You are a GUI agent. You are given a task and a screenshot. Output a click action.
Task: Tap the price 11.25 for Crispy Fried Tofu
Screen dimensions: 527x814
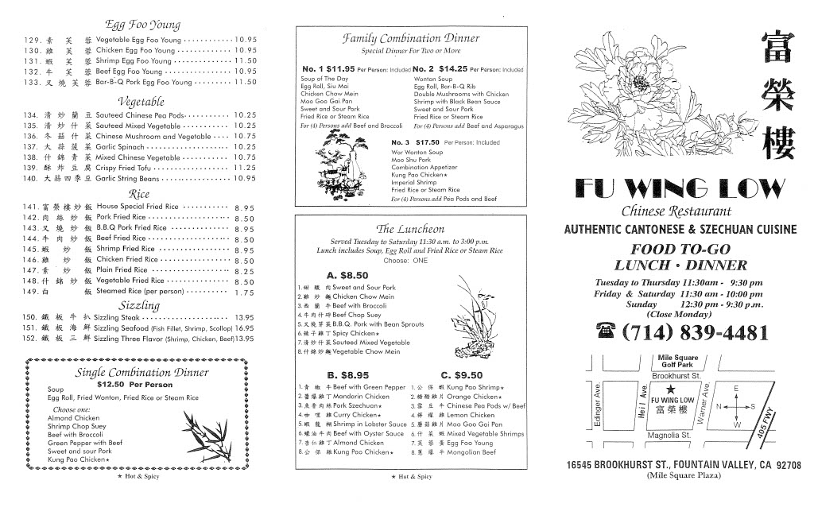point(245,168)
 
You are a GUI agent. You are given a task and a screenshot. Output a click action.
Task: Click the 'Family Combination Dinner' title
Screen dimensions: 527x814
point(400,37)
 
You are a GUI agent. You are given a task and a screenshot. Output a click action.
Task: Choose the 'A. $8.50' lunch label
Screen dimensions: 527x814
point(344,275)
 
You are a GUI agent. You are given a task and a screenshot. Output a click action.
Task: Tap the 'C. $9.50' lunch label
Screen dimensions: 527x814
point(461,375)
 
